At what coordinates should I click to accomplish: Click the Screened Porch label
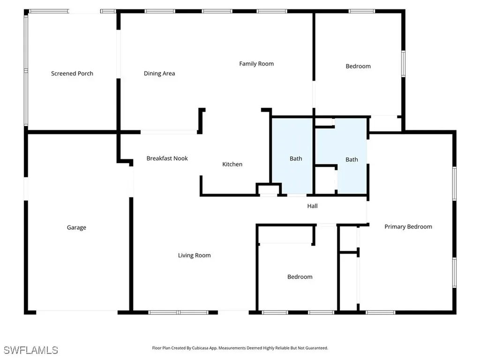coord(72,74)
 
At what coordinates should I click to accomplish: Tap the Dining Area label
coord(159,74)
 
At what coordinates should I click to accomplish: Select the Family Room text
coord(256,64)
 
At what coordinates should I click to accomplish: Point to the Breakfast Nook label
coord(167,158)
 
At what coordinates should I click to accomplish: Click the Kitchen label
coord(232,165)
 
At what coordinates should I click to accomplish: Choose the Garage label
coord(76,228)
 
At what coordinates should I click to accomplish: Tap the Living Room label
coord(194,255)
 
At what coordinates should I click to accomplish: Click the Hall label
coord(312,206)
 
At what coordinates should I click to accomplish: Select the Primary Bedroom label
coord(408,227)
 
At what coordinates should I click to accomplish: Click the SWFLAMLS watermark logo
coord(30,350)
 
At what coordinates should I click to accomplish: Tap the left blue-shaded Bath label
coord(296,159)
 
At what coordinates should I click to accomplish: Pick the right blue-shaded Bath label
coord(352,160)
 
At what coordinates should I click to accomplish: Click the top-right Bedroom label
coord(358,67)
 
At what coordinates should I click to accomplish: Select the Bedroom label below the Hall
coord(300,277)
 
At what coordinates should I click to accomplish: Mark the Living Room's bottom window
coord(178,312)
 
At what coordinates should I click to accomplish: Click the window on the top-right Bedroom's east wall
coord(403,63)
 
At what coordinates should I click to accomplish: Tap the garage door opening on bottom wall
coord(77,312)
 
